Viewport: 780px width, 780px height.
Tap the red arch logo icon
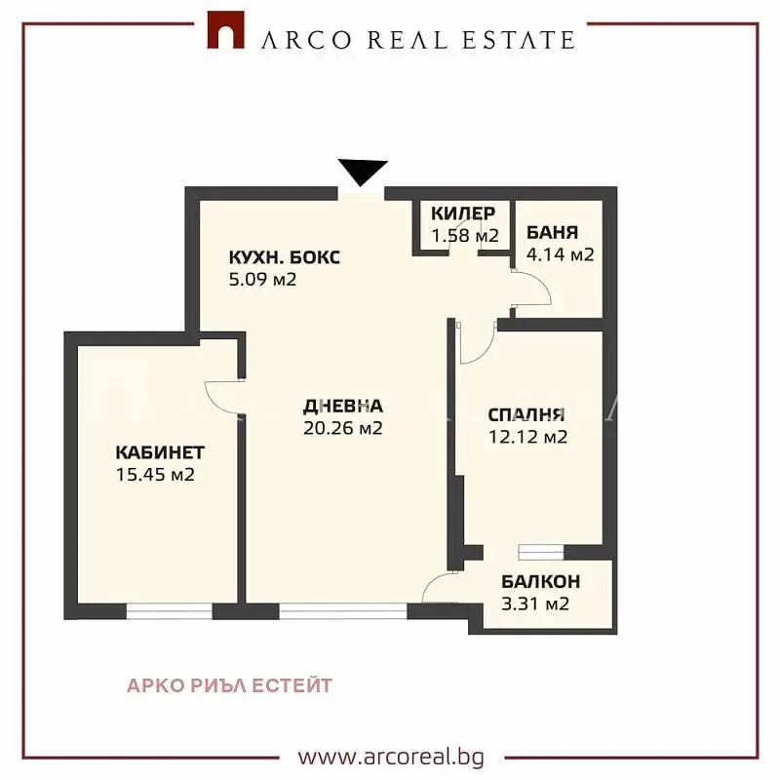point(225,30)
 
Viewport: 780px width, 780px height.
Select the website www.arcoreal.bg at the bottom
point(391,758)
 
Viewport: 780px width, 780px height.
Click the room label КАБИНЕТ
point(160,452)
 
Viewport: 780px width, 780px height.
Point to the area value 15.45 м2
point(155,475)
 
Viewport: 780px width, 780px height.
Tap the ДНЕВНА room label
point(343,407)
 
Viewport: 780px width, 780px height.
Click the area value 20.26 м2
point(343,428)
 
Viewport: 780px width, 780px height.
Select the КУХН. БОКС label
point(285,257)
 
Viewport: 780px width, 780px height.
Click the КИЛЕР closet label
point(463,214)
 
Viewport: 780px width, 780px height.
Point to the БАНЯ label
point(552,232)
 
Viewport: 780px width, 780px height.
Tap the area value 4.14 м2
point(560,254)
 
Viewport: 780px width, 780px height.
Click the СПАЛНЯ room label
point(526,415)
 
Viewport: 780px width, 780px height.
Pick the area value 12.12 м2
point(527,437)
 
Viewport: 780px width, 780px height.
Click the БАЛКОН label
point(541,581)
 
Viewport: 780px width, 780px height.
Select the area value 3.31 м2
point(535,604)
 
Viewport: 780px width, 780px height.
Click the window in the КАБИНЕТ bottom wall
point(169,611)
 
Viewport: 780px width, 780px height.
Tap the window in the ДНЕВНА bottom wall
point(343,611)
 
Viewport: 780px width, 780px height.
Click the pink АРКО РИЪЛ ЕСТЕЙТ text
point(229,685)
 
